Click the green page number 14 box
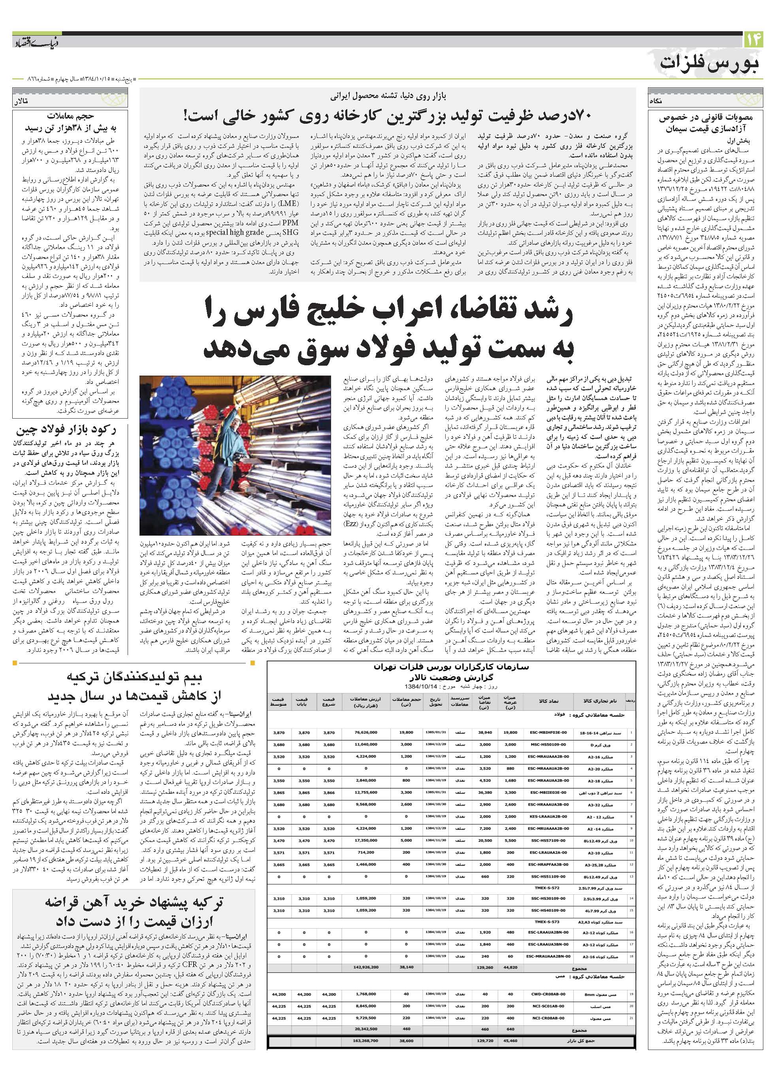pos(753,40)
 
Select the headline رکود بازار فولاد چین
pos(66,430)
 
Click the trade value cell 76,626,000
pos(366,733)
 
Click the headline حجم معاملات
pos(71,115)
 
